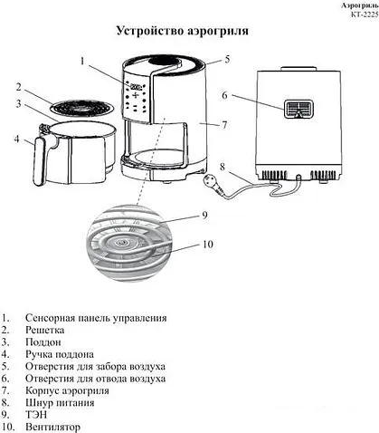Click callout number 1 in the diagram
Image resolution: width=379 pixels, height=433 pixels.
pos(81,63)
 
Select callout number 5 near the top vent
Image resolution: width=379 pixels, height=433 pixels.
pos(227,59)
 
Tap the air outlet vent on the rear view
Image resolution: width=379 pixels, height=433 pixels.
pos(298,110)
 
